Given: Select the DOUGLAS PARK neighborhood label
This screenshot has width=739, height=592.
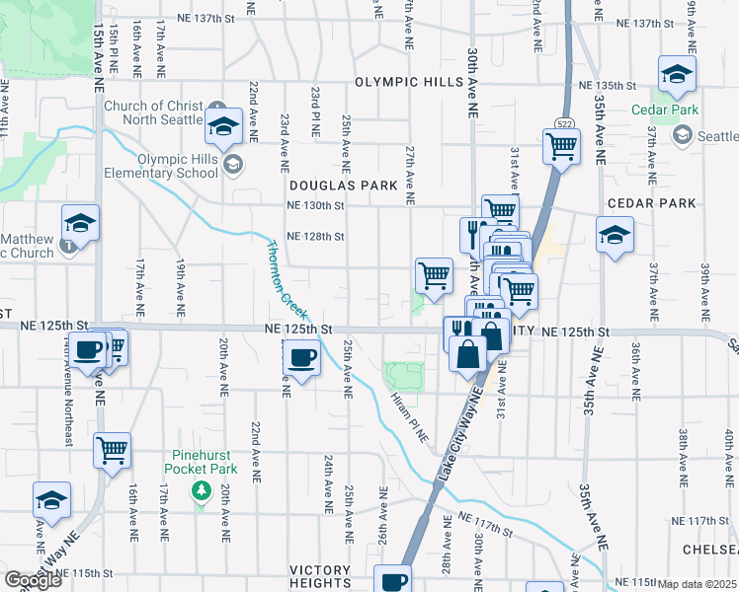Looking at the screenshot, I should coord(342,185).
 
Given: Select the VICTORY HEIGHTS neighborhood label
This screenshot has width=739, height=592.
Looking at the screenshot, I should coord(320,576).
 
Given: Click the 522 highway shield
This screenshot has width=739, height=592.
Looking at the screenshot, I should coord(560,123).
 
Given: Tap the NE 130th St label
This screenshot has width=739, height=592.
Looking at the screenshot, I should coord(314,206).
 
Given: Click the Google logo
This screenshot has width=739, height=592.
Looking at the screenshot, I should coord(34,580).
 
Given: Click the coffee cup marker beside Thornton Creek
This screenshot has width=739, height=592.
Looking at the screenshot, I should coord(302,359).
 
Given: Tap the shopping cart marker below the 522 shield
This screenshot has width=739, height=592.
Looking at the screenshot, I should coord(561,148).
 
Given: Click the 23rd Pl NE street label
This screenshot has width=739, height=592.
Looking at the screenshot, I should coord(315,111).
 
